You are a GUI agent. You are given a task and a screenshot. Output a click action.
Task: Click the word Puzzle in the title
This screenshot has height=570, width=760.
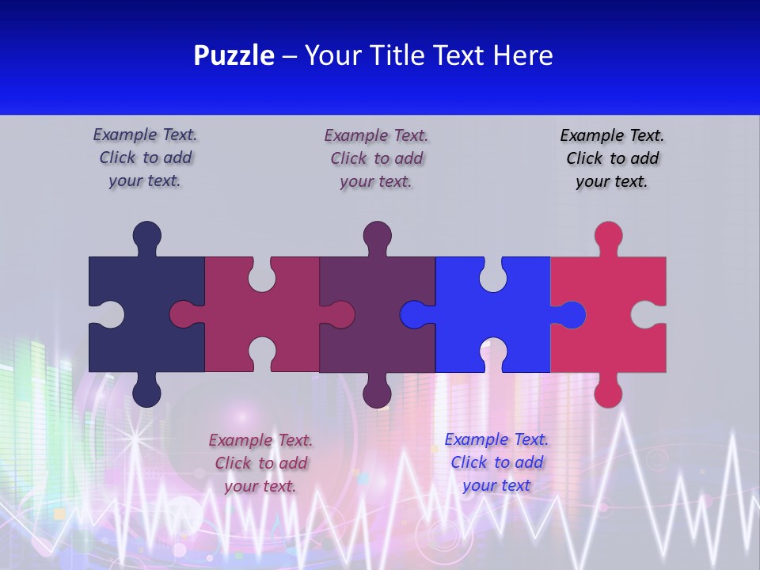[x=234, y=56]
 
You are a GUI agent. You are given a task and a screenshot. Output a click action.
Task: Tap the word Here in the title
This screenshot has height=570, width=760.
[x=522, y=56]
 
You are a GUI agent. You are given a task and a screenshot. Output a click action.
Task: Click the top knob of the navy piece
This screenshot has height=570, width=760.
[x=146, y=235]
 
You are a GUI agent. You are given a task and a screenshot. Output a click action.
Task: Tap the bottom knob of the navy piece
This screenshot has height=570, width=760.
[x=146, y=393]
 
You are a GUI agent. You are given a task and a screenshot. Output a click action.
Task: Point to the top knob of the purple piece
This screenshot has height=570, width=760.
[x=377, y=235]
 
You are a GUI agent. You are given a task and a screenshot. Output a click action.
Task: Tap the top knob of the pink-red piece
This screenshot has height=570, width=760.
[x=608, y=235]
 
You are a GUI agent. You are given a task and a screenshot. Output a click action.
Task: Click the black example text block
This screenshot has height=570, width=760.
[x=612, y=158]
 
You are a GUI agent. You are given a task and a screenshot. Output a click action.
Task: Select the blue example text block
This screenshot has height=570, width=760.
[x=496, y=462]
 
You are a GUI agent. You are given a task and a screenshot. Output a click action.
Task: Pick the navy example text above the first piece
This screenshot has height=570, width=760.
[x=145, y=158]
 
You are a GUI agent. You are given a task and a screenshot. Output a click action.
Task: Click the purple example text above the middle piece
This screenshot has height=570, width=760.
[x=376, y=158]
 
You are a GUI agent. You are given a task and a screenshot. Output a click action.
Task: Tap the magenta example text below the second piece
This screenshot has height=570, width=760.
[x=260, y=463]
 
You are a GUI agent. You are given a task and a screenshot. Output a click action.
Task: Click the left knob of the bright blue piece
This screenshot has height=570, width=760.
[x=413, y=314]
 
